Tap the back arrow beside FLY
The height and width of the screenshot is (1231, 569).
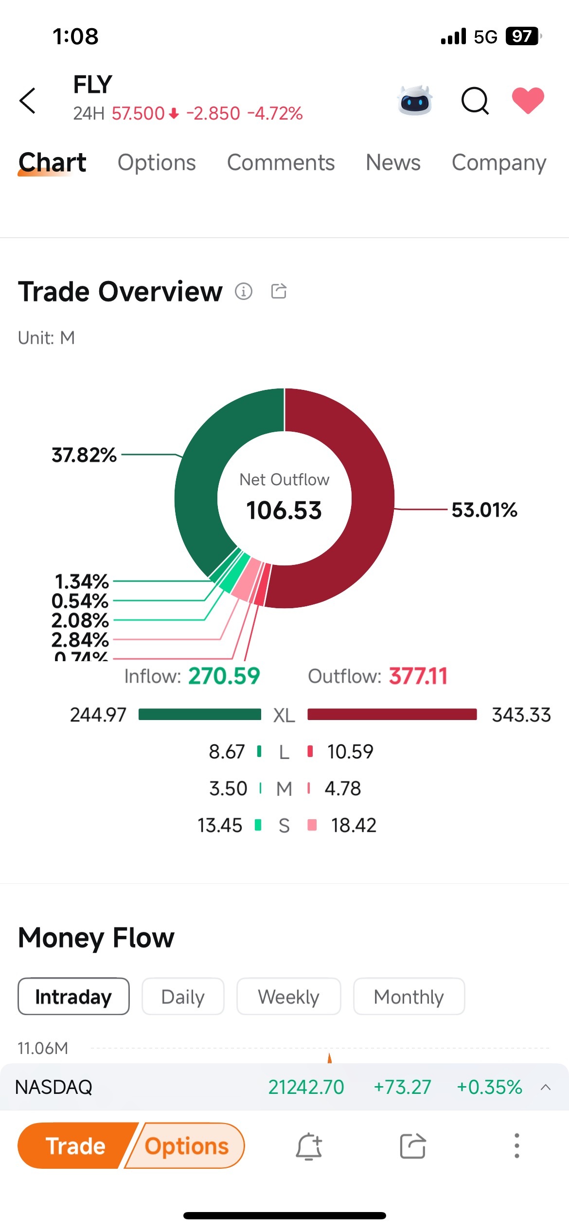[28, 101]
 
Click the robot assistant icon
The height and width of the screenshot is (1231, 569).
[415, 101]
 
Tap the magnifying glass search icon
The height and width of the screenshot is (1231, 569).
[475, 101]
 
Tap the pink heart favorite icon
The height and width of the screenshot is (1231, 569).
[528, 100]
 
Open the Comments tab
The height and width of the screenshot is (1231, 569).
[281, 163]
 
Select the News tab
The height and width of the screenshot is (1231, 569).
[393, 163]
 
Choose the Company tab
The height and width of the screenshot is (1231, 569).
[498, 163]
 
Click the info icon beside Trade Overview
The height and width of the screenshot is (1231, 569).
[244, 291]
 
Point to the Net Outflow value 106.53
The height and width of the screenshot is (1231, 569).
[284, 510]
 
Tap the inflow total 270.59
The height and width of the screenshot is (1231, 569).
[224, 676]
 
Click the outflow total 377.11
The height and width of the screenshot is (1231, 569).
[418, 676]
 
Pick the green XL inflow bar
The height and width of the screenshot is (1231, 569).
[199, 714]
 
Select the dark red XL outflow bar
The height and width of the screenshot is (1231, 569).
[392, 714]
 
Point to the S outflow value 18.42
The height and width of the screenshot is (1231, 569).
[354, 825]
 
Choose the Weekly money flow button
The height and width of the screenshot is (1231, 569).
[288, 997]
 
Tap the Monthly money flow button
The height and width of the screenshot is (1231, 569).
[409, 997]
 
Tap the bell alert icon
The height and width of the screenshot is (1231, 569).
[309, 1146]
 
